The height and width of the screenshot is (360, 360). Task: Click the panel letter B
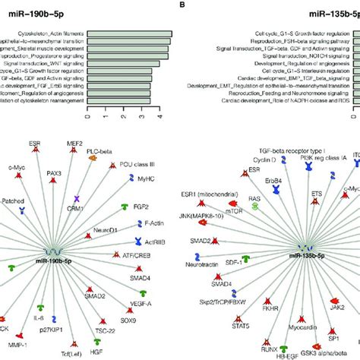pyautogui.click(x=185, y=5)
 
